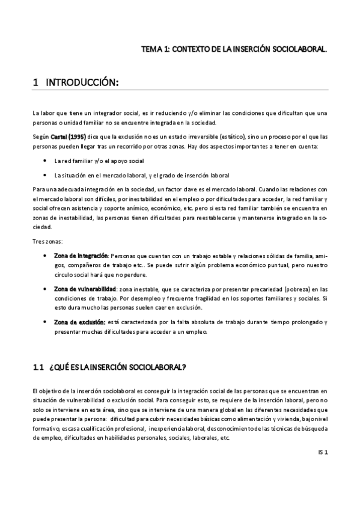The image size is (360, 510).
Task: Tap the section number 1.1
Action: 39,367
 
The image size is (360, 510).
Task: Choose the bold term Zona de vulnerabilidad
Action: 83,289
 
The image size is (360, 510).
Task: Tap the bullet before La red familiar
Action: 47,161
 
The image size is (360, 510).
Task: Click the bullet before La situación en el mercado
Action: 47,176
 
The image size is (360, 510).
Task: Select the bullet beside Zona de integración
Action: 47,256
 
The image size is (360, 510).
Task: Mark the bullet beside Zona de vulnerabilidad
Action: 47,289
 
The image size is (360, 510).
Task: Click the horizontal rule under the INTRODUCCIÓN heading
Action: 180,91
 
